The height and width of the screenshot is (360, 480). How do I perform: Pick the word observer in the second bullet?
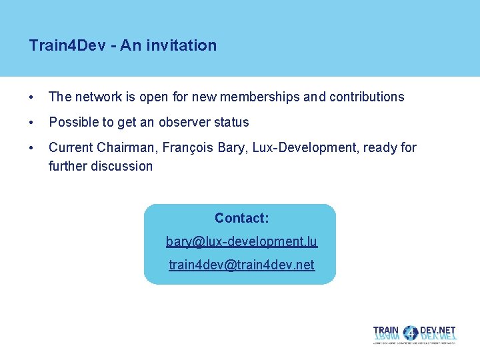click(186, 122)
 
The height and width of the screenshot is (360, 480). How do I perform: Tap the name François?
click(188, 147)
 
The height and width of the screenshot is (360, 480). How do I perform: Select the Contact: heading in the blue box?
click(241, 218)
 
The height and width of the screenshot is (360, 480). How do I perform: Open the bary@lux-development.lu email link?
click(241, 241)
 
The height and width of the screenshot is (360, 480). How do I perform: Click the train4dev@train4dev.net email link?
click(241, 265)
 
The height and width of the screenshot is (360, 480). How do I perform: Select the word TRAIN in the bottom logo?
click(387, 331)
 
